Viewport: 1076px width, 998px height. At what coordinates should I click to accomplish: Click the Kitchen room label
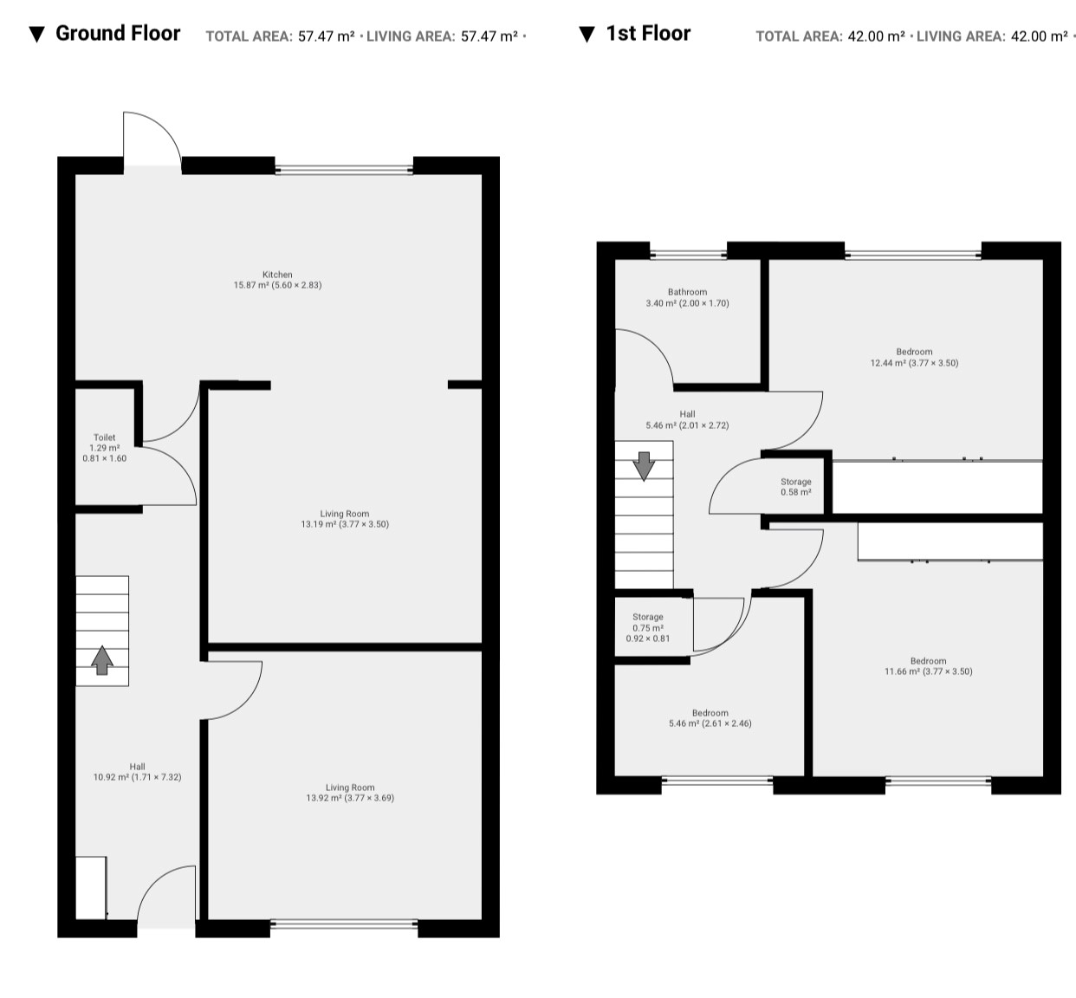point(277,280)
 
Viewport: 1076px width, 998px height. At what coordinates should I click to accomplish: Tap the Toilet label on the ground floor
point(105,448)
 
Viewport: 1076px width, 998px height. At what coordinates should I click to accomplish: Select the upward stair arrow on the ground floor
point(102,660)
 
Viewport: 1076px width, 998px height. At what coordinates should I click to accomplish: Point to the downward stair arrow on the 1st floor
point(644,466)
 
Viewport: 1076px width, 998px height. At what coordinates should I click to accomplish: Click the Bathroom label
point(687,297)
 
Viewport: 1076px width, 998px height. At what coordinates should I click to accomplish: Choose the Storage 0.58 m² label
point(796,487)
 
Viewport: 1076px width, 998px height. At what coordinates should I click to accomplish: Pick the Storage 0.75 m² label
point(648,627)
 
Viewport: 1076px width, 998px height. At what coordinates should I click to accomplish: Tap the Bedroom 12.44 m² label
point(915,357)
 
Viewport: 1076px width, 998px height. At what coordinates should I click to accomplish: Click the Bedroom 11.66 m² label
point(929,666)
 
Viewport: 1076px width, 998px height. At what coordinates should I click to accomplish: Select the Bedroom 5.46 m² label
point(710,718)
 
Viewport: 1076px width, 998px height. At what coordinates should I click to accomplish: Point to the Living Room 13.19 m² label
point(345,519)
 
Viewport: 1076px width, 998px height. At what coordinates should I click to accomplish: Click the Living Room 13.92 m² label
point(350,792)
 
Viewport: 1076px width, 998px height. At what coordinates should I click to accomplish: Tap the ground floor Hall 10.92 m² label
point(137,772)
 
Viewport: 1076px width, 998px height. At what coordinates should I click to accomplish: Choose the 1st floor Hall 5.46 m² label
point(687,419)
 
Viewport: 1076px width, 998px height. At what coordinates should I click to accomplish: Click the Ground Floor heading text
point(118,33)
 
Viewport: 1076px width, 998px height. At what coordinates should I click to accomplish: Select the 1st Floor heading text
point(648,33)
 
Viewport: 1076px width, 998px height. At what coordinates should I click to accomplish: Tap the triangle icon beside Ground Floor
point(37,35)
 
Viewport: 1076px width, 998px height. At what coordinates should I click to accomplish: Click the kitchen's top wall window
point(344,170)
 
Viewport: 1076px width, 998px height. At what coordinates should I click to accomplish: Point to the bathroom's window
point(688,255)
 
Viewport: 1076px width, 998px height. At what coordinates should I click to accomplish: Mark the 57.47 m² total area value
point(326,36)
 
